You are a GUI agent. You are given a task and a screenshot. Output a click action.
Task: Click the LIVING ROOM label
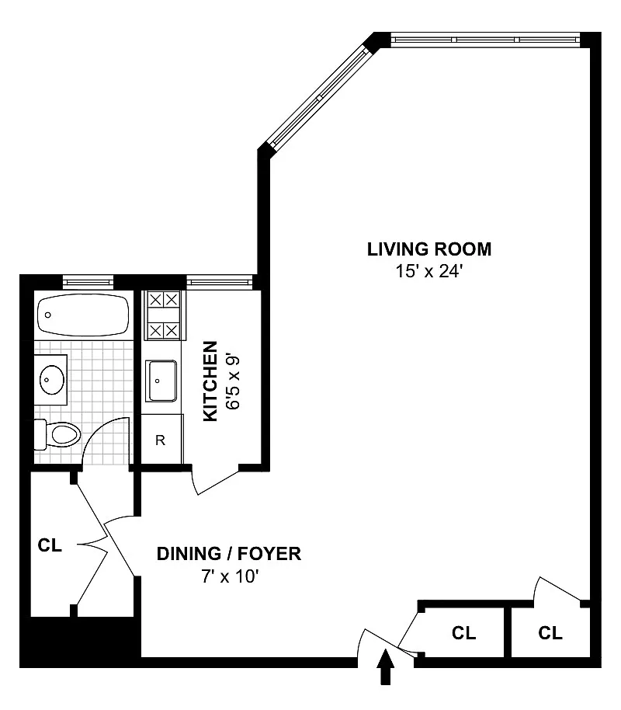click(x=429, y=249)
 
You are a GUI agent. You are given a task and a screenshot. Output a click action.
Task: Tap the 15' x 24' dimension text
click(x=428, y=272)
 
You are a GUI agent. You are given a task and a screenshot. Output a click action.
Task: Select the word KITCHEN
click(x=210, y=381)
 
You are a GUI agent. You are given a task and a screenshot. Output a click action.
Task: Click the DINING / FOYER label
click(x=229, y=554)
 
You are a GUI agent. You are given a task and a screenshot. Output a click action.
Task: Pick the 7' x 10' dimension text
click(x=230, y=576)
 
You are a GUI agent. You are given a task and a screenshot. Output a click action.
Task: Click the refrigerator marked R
click(x=161, y=439)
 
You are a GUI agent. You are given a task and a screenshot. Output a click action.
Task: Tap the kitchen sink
click(x=161, y=381)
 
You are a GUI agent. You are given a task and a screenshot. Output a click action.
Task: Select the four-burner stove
click(x=164, y=315)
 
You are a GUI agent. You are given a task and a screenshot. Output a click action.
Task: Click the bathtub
click(x=83, y=315)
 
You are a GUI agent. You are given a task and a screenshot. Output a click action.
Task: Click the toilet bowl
click(x=65, y=435)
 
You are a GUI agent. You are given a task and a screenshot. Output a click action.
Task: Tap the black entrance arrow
click(x=385, y=666)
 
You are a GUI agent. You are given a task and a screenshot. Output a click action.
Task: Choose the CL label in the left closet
click(x=50, y=545)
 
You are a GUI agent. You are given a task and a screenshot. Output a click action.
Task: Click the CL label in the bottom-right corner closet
click(x=550, y=632)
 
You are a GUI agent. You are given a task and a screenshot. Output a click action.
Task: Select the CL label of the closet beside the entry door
click(x=464, y=632)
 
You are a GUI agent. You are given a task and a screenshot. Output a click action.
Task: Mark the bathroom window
click(x=88, y=283)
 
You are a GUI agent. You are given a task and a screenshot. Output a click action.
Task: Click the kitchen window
click(x=220, y=283)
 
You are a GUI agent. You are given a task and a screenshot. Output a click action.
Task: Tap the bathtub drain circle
click(x=48, y=315)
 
